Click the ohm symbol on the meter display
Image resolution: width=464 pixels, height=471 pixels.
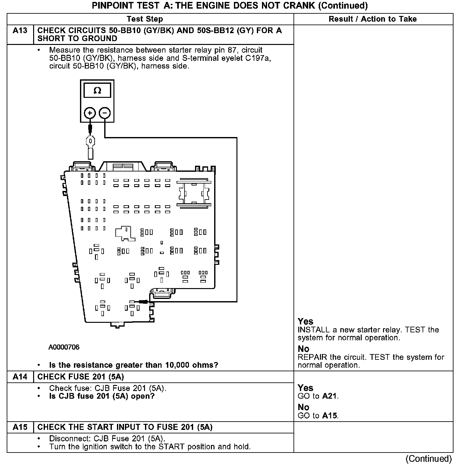(97, 91)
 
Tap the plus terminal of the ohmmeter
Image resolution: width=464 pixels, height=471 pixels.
(90, 113)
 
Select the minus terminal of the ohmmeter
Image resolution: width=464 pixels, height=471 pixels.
(105, 113)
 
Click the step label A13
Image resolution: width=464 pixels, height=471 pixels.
(20, 31)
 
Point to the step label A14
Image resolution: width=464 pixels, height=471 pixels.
(20, 377)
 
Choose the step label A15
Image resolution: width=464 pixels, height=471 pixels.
(20, 427)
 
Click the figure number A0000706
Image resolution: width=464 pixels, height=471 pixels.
(64, 347)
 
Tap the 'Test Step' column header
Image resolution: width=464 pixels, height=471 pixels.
(145, 19)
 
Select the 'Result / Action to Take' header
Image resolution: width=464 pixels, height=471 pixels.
(373, 19)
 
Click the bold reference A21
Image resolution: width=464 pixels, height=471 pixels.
(330, 396)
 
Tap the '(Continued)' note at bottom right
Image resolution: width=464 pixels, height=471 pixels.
(429, 459)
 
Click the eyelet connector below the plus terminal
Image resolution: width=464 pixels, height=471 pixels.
(91, 141)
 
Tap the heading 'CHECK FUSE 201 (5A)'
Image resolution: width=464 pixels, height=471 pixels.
(81, 377)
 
